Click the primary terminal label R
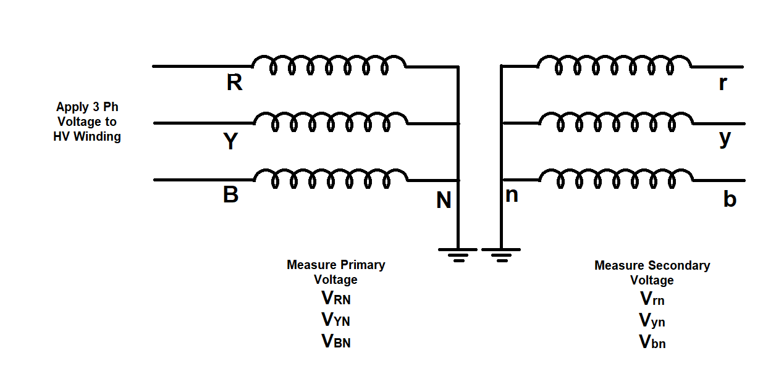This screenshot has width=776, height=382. [x=234, y=83]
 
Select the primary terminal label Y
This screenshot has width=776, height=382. [x=230, y=141]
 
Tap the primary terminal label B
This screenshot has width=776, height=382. [x=230, y=196]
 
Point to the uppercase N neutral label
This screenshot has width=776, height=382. [x=444, y=201]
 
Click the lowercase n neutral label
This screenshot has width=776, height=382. [x=512, y=195]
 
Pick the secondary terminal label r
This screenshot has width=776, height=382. [x=723, y=84]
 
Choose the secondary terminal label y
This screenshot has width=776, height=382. [x=725, y=139]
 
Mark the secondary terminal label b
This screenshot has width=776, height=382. [x=730, y=199]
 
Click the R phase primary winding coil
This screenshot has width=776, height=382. [x=329, y=65]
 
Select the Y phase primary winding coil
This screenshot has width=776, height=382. [x=331, y=122]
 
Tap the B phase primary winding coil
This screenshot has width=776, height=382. [x=331, y=178]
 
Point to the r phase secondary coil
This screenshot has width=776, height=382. [x=614, y=65]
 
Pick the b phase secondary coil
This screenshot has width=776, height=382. [x=615, y=178]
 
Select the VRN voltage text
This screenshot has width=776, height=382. [x=335, y=299]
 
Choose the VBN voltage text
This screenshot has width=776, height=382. [x=335, y=341]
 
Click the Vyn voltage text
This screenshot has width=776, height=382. [x=652, y=321]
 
